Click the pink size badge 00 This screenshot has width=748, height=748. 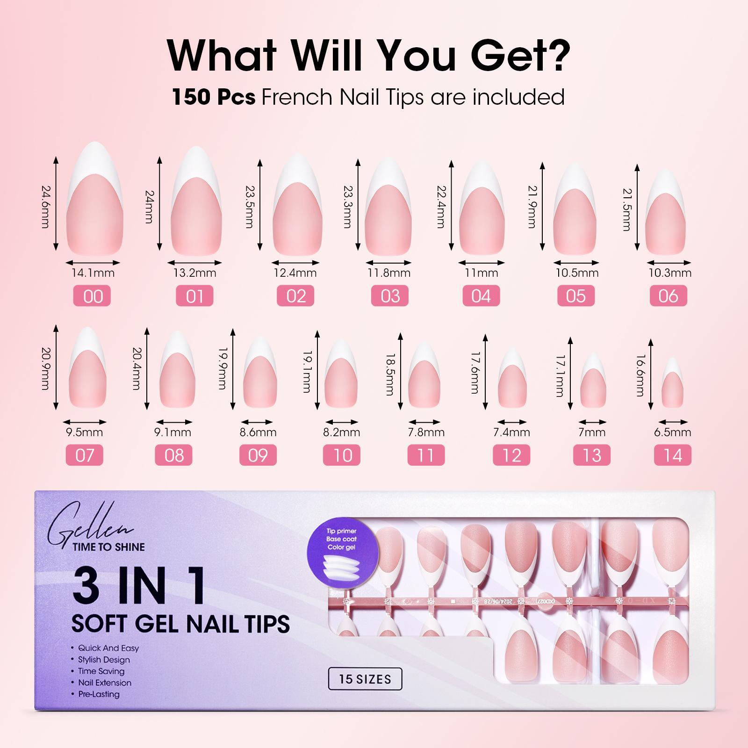[93, 296]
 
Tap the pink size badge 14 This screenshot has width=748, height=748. [672, 455]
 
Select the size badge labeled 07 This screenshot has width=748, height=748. [85, 455]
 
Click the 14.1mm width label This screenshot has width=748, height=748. [93, 273]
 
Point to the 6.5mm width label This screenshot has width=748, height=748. [672, 432]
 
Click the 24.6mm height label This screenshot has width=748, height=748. [45, 207]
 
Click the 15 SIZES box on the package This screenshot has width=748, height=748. [365, 679]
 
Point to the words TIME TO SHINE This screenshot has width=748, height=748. [108, 547]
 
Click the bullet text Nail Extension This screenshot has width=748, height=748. [105, 683]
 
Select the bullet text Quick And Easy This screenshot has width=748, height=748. [108, 648]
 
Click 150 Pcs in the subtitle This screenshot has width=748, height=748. [214, 97]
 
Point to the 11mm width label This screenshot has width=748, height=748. [481, 273]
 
